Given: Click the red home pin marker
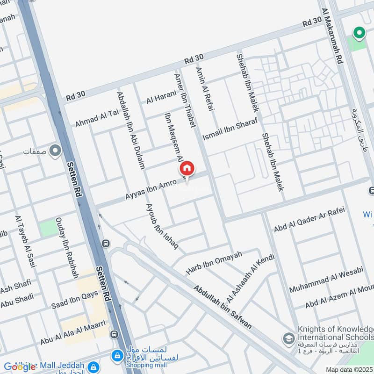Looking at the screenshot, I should coord(187,169).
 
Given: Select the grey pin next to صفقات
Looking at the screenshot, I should coord(55,151).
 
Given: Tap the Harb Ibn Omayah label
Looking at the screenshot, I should coord(214,263).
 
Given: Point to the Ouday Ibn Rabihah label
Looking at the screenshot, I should coord(67,248).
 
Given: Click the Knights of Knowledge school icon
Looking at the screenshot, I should coord(289,338).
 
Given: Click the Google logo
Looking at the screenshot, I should coord(20,367).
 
